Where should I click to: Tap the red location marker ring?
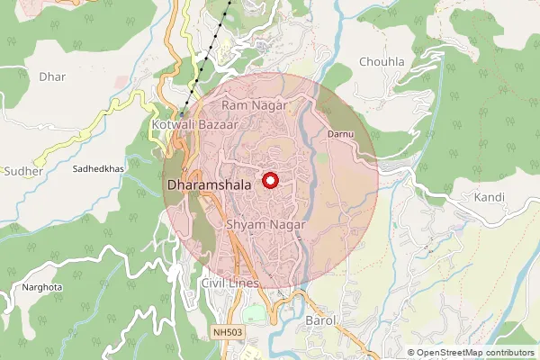(270, 180)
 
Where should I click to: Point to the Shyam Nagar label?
(265, 224)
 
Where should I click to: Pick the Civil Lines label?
(230, 283)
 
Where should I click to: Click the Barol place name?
(321, 320)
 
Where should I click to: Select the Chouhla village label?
(382, 62)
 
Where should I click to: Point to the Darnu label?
(340, 133)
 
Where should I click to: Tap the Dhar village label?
(52, 76)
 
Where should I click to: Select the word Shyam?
(245, 224)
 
